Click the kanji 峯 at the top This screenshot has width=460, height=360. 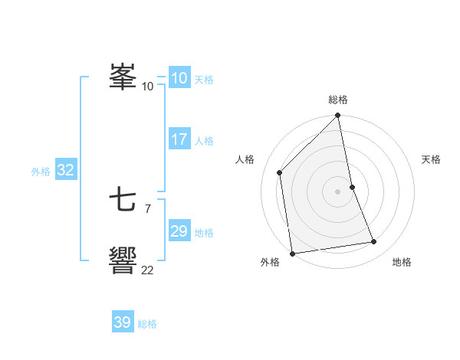[x=123, y=77]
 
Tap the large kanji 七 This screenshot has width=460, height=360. [x=123, y=201]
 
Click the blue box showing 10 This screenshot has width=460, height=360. [x=179, y=78]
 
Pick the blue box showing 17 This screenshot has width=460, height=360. [x=179, y=139]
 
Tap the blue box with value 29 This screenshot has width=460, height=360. [x=179, y=231]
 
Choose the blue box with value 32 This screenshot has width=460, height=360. [x=65, y=170]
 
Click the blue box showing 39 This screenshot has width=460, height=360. [x=122, y=322]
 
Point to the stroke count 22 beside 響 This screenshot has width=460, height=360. [x=148, y=269]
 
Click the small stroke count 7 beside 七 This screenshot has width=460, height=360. [x=147, y=208]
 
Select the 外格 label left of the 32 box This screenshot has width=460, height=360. [x=41, y=172]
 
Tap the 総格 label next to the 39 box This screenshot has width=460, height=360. [x=147, y=324]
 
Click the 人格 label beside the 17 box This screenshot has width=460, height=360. [x=204, y=141]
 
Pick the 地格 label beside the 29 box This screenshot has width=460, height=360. [x=204, y=233]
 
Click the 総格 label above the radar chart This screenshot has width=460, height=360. [x=338, y=100]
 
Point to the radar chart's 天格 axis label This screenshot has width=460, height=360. [x=431, y=159]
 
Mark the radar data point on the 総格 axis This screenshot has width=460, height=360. [x=338, y=116]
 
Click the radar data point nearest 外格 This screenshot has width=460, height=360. [x=292, y=253]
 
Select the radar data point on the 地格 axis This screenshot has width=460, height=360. [x=374, y=242]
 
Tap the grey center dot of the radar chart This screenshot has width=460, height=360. [x=338, y=191]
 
